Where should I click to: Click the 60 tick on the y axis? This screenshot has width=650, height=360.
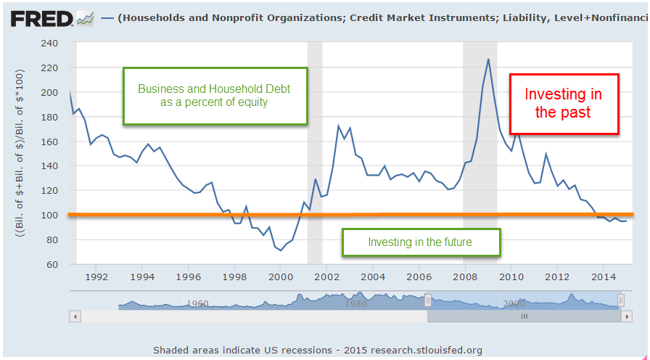click(52, 264)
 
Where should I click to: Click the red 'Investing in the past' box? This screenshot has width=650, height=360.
click(564, 104)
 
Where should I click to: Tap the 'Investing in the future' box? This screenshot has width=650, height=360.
click(420, 242)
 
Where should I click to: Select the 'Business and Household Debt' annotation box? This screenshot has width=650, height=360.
click(215, 95)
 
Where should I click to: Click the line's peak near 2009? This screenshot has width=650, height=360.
click(488, 59)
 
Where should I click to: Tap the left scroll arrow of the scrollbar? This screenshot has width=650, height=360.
click(75, 316)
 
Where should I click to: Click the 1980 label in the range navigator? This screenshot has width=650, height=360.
click(355, 304)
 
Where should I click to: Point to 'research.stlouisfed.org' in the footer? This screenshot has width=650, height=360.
click(426, 350)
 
